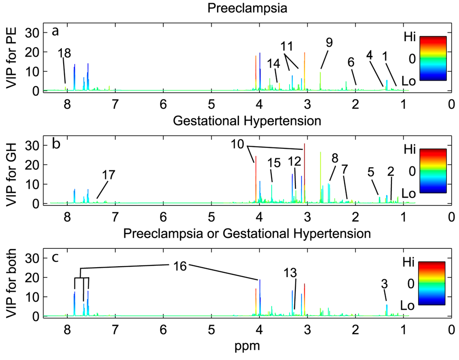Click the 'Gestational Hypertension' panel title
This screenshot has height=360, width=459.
[247, 121]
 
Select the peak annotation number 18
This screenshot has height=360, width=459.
[65, 52]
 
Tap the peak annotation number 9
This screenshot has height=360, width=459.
[329, 43]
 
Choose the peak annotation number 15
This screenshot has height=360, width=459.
[274, 163]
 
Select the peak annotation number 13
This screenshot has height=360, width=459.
[290, 273]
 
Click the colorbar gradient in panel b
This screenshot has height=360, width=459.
[433, 170]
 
